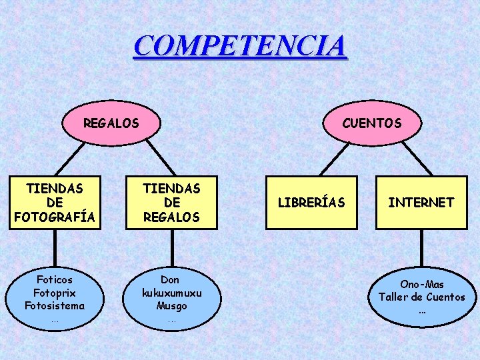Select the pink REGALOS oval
click(111, 123)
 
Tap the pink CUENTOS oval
click(371, 123)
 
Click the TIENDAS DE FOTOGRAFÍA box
click(55, 203)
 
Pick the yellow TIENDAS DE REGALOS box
click(171, 203)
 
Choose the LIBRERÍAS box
click(311, 203)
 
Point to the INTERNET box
click(421, 203)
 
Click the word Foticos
click(55, 280)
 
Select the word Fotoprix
click(55, 293)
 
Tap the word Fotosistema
click(55, 306)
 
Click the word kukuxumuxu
click(171, 293)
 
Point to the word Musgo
click(171, 306)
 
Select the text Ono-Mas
click(421, 285)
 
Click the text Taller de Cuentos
click(421, 297)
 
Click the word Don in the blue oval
click(171, 280)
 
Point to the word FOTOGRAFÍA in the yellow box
click(55, 217)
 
